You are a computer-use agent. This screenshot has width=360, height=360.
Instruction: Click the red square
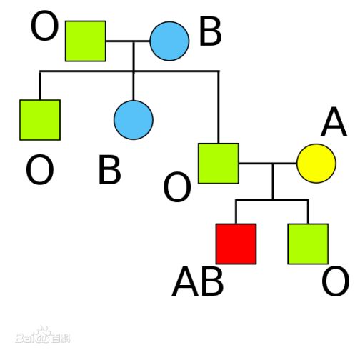pyautogui.click(x=236, y=244)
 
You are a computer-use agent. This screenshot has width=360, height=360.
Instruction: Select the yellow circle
pyautogui.click(x=316, y=164)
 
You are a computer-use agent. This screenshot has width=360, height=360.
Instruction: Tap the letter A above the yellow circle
pyautogui.click(x=334, y=122)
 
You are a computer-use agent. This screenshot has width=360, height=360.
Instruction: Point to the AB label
pyautogui.click(x=198, y=281)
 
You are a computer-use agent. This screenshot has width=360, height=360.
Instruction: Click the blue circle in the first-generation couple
pyautogui.click(x=169, y=41)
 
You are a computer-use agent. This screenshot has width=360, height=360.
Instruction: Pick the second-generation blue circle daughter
pyautogui.click(x=134, y=120)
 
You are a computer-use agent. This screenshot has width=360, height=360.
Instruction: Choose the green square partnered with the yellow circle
pyautogui.click(x=219, y=164)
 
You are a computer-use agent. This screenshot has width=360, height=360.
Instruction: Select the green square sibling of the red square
pyautogui.click(x=308, y=244)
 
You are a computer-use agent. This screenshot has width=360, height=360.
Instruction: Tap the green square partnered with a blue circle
pyautogui.click(x=86, y=41)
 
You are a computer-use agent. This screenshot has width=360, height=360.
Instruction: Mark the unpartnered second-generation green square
pyautogui.click(x=40, y=120)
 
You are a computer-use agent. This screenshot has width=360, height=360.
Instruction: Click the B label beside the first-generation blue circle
pyautogui.click(x=211, y=31)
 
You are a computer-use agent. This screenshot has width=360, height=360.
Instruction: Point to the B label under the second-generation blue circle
pyautogui.click(x=109, y=169)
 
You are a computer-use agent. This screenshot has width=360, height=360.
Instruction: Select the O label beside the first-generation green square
pyautogui.click(x=44, y=26)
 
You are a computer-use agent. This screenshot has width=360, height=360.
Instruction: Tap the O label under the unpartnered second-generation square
pyautogui.click(x=39, y=169)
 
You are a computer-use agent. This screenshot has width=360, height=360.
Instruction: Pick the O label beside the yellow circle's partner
pyautogui.click(x=177, y=187)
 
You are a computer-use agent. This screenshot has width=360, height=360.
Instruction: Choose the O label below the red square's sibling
pyautogui.click(x=336, y=281)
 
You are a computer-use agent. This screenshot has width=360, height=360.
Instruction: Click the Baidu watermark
pyautogui.click(x=43, y=335)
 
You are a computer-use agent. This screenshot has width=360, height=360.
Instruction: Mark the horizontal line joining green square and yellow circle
pyautogui.click(x=268, y=164)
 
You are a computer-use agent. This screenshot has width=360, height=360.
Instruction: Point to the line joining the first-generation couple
pyautogui.click(x=128, y=41)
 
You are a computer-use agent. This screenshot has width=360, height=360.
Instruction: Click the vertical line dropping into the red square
pyautogui.click(x=236, y=211)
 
